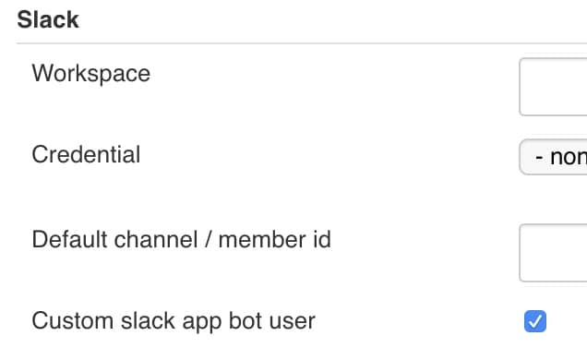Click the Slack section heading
[48, 20]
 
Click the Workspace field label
[90, 74]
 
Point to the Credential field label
[86, 154]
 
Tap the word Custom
[70, 321]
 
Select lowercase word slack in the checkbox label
[144, 321]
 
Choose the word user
[291, 322]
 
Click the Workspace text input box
[554, 87]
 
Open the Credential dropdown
[554, 157]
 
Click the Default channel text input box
[554, 252]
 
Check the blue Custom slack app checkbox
[535, 321]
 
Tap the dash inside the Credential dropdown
[540, 157]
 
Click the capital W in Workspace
[42, 73]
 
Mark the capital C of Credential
[40, 154]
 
